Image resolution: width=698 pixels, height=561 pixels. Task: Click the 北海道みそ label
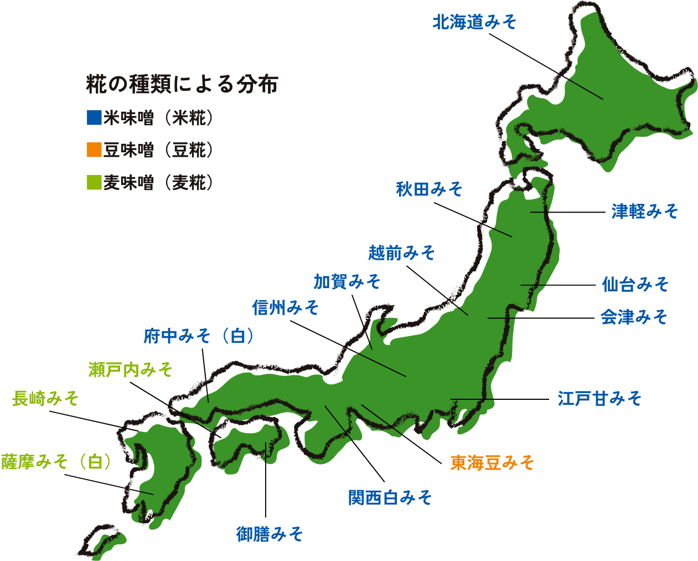click(x=474, y=22)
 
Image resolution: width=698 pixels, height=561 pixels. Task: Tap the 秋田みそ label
click(x=429, y=189)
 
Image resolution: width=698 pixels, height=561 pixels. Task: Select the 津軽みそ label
click(x=645, y=211)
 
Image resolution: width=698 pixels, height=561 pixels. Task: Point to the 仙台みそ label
click(x=635, y=285)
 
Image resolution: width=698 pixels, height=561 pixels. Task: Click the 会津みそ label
click(x=634, y=317)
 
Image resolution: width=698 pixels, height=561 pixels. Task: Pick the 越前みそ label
click(x=402, y=253)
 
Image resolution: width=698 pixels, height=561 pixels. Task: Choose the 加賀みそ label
click(x=347, y=282)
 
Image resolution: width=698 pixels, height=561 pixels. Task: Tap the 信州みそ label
click(x=286, y=307)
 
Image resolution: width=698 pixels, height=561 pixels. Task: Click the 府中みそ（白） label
click(x=200, y=336)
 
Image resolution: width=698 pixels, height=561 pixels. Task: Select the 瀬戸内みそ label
click(x=131, y=369)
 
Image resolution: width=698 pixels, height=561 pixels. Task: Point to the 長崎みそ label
click(x=45, y=398)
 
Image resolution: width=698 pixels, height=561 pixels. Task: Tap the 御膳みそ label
click(x=270, y=534)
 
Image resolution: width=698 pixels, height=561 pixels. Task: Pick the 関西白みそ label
click(x=390, y=498)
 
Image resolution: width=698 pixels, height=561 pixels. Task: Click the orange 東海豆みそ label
click(x=492, y=462)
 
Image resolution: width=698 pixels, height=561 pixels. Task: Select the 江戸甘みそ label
click(x=599, y=398)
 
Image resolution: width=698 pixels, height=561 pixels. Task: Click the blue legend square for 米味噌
click(x=95, y=118)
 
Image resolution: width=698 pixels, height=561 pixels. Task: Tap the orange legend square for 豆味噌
click(x=95, y=150)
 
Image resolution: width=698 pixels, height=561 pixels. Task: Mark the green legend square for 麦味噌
click(x=95, y=182)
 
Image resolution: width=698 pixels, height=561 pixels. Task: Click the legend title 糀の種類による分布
click(x=182, y=85)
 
